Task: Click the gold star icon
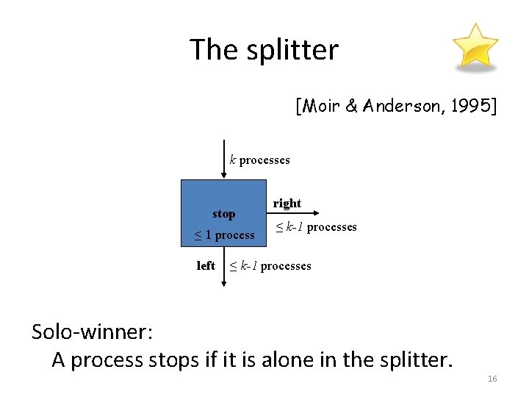(474, 46)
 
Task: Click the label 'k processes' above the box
(260, 160)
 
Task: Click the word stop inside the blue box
(223, 214)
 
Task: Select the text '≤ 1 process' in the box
(223, 235)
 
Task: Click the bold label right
(287, 203)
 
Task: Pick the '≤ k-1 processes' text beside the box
(316, 227)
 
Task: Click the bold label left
(206, 265)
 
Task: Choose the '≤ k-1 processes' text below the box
(270, 265)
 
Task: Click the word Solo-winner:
(92, 332)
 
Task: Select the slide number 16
(492, 379)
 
